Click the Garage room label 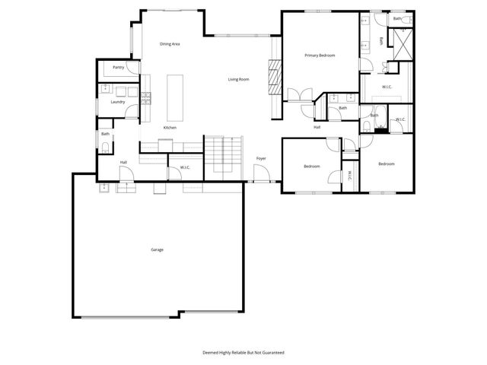pyautogui.click(x=157, y=249)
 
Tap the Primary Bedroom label pyautogui.click(x=320, y=56)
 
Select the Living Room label pyautogui.click(x=239, y=79)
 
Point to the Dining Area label pyautogui.click(x=170, y=44)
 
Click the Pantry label pyautogui.click(x=118, y=68)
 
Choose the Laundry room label pyautogui.click(x=118, y=102)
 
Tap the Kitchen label pyautogui.click(x=170, y=128)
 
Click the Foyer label pyautogui.click(x=261, y=158)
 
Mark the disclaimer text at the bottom pyautogui.click(x=243, y=352)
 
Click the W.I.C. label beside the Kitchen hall pyautogui.click(x=185, y=167)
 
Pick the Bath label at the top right pyautogui.click(x=397, y=18)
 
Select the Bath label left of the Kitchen pyautogui.click(x=105, y=135)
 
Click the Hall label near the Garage pyautogui.click(x=123, y=162)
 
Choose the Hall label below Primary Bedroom pyautogui.click(x=317, y=128)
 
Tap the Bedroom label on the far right pyautogui.click(x=387, y=163)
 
